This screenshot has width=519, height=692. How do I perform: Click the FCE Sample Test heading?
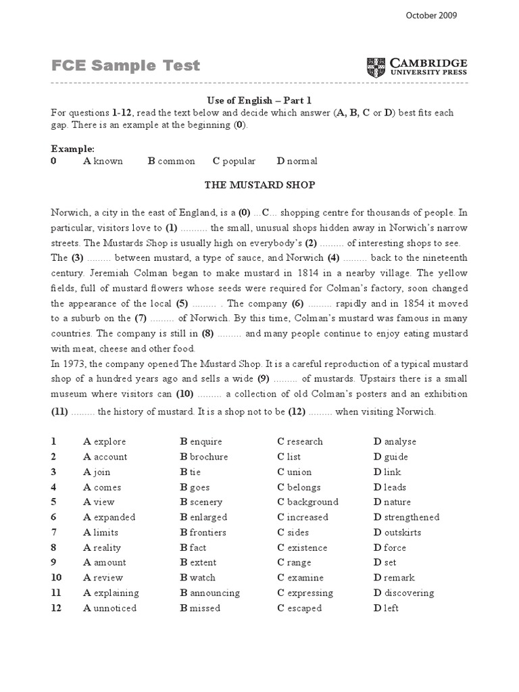click(126, 66)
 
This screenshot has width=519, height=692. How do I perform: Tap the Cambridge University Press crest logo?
click(374, 67)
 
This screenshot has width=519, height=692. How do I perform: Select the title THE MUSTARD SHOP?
click(260, 184)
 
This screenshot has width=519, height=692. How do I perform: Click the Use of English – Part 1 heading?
click(259, 100)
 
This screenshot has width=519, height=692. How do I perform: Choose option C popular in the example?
click(234, 161)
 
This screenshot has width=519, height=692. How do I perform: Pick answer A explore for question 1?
click(105, 441)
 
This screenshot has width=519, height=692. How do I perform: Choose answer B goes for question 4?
click(195, 487)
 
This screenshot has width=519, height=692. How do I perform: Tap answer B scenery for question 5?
click(201, 502)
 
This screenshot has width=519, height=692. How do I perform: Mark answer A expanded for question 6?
click(109, 517)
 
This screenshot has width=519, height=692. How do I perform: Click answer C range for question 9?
click(294, 562)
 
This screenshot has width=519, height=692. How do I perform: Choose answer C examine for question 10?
click(300, 578)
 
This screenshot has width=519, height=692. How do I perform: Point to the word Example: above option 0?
click(73, 148)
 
